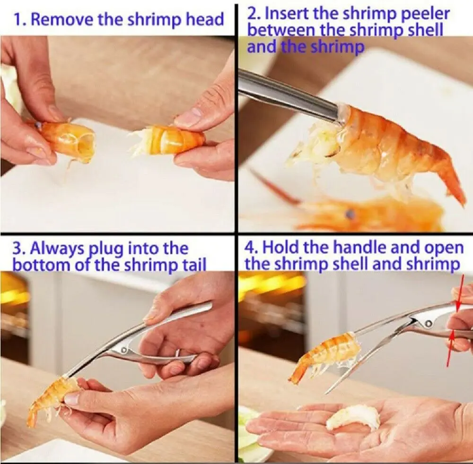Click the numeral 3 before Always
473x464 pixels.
[x=18, y=249]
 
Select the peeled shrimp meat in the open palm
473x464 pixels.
[x=354, y=419]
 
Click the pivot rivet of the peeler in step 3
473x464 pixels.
[x=123, y=351]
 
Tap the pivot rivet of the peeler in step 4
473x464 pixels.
[x=428, y=324]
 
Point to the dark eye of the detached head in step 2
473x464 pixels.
[x=350, y=214]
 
